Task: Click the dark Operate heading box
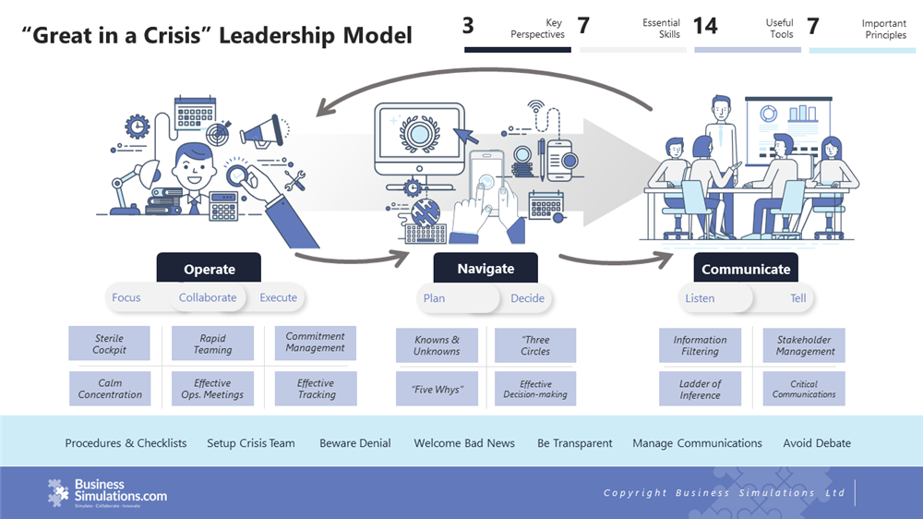[x=209, y=269]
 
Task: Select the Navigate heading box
[x=485, y=268]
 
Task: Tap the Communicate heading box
[x=746, y=269]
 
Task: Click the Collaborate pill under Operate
[x=208, y=297]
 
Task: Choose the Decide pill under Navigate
[x=527, y=297]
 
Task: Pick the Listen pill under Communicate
[x=700, y=297]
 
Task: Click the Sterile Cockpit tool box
[x=109, y=344]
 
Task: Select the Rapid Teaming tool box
[x=212, y=344]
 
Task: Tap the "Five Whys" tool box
[x=437, y=389]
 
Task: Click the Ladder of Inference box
[x=700, y=389]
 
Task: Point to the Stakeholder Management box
[x=804, y=344]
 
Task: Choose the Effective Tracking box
[x=316, y=389]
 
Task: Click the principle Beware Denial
[x=355, y=443]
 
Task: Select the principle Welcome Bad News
[x=464, y=443]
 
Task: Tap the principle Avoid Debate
[x=817, y=443]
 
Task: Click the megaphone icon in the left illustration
[x=261, y=129]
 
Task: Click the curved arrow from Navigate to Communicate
[x=614, y=262]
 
